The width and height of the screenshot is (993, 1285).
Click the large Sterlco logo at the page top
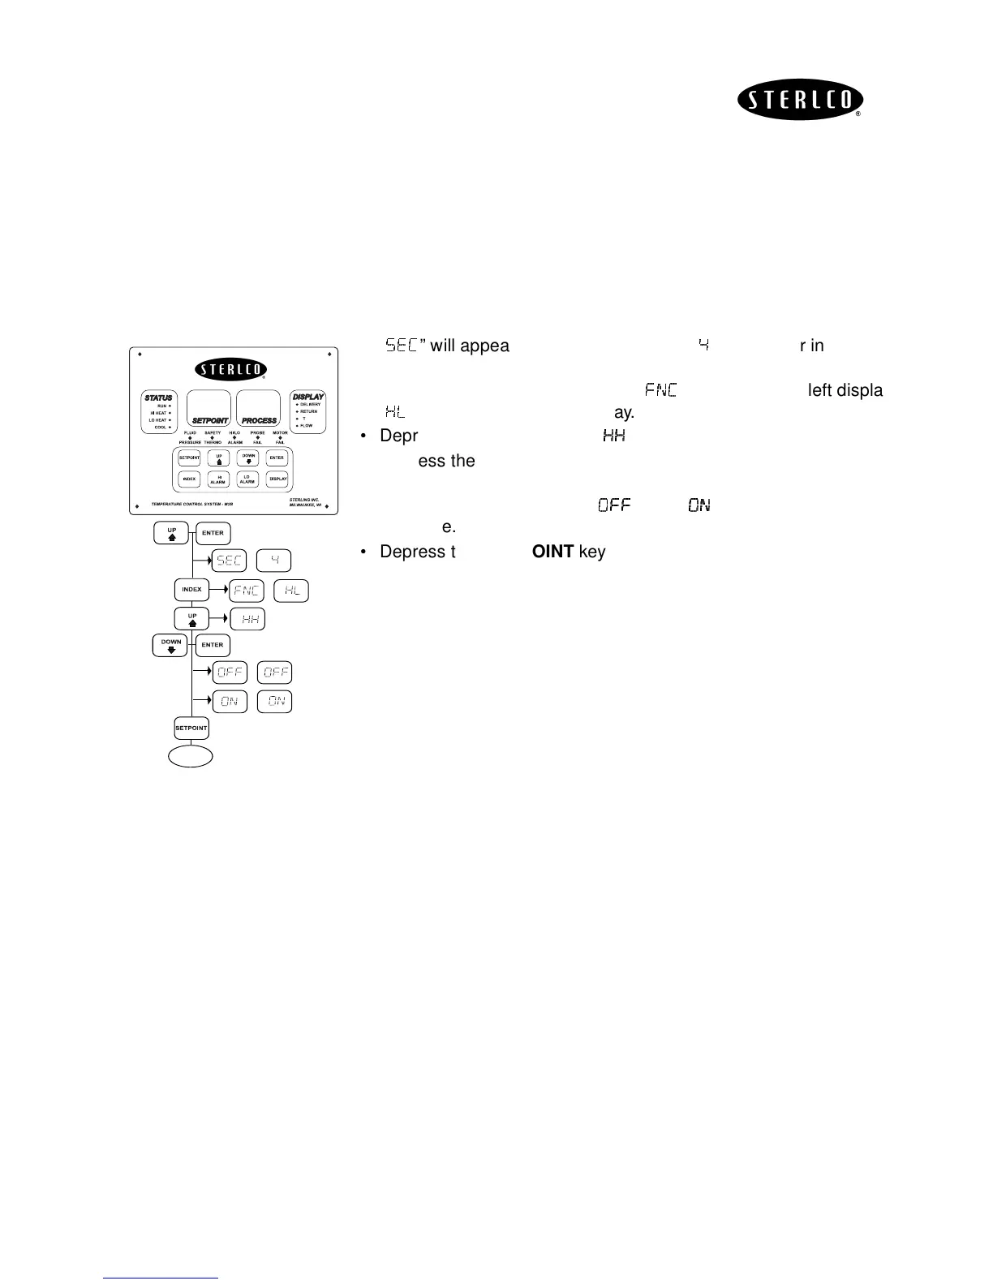pos(800,101)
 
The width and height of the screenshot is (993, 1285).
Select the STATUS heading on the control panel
pos(158,398)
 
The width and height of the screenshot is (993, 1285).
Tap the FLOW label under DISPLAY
pos(307,426)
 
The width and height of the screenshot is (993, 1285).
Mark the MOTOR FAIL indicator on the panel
pos(280,437)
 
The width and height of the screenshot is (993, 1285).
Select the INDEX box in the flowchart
pos(191,590)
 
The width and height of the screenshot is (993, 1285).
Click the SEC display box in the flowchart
pos(230,561)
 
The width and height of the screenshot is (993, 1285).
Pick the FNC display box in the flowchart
pos(247,591)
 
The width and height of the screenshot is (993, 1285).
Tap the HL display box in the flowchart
pos(292,591)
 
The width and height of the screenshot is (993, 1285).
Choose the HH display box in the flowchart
pos(247,620)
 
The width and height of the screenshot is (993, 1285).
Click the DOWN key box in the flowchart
pos(171,645)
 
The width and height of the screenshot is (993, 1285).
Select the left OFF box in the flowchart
pos(230,673)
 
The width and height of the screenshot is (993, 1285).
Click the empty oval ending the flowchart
pos(191,756)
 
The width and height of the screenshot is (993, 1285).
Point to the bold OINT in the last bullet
pos(552,552)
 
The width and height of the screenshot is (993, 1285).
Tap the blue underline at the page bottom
pos(161,1278)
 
